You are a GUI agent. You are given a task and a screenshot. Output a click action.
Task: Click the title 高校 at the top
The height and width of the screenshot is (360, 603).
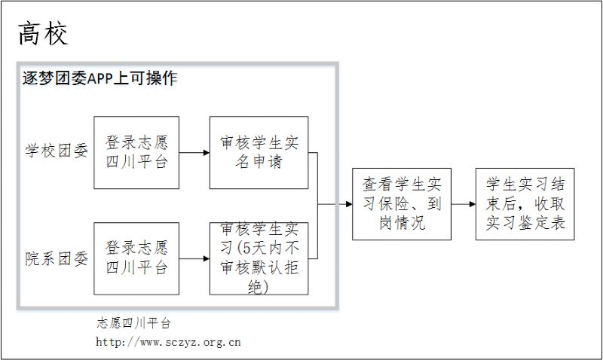(x=43, y=34)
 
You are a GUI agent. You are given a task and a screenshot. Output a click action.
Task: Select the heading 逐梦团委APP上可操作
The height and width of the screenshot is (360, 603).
(x=100, y=78)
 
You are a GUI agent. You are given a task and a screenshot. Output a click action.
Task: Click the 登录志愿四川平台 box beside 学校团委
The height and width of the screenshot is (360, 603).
(x=136, y=153)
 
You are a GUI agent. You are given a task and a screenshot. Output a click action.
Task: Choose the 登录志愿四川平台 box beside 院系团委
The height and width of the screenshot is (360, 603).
(x=136, y=258)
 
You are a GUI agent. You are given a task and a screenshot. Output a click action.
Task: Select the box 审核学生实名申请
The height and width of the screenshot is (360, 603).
(x=259, y=153)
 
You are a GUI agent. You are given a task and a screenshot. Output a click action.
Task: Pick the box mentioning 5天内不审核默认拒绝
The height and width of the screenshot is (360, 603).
(x=259, y=258)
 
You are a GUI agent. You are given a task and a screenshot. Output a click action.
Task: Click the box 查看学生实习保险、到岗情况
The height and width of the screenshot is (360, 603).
(x=402, y=204)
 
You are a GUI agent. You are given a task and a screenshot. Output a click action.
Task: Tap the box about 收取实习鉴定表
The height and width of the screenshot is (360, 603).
(x=525, y=204)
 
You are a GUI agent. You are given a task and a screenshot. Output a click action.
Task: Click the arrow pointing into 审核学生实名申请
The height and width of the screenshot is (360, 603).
(x=194, y=153)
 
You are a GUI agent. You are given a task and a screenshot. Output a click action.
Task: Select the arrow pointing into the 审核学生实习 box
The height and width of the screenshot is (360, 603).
(x=194, y=258)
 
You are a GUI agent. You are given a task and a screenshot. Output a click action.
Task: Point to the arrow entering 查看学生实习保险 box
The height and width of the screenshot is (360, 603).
(x=335, y=204)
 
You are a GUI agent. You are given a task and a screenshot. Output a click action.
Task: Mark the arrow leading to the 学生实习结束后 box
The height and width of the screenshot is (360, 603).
(x=464, y=204)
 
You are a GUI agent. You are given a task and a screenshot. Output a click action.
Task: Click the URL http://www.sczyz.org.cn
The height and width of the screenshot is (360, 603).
(x=168, y=342)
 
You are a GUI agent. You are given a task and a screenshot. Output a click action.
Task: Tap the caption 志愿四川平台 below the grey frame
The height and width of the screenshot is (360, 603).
(x=133, y=323)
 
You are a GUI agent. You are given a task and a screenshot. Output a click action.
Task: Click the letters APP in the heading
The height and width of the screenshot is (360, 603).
(x=100, y=79)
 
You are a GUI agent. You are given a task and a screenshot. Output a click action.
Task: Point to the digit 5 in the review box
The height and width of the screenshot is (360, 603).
(x=247, y=249)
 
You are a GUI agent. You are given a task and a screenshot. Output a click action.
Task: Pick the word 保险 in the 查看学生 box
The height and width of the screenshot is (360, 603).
(x=393, y=203)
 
